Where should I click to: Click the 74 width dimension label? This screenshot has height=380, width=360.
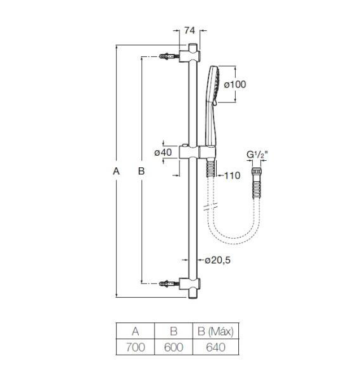pos(189,30)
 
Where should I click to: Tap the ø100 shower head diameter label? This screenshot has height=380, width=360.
pos(234,85)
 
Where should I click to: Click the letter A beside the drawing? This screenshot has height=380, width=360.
pos(115,170)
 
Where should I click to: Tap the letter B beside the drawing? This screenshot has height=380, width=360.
pos(141,170)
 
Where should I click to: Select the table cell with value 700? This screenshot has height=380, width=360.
pos(136,348)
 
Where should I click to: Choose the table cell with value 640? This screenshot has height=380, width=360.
pos(212,348)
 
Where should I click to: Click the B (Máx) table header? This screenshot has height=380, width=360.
pos(212,331)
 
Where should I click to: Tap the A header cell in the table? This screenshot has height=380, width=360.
pos(136,331)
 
